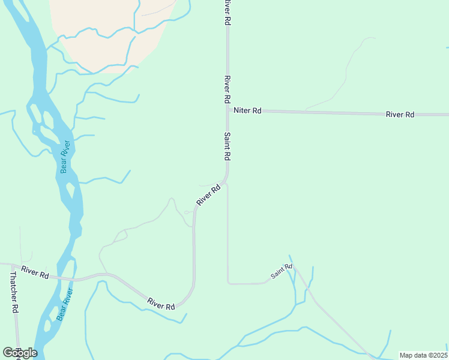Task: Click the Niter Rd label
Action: pyautogui.click(x=248, y=110)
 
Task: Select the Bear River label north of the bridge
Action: pyautogui.click(x=65, y=157)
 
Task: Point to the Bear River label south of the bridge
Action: pyautogui.click(x=64, y=304)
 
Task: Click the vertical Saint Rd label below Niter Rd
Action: pyautogui.click(x=228, y=146)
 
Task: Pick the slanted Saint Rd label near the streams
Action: pyautogui.click(x=281, y=271)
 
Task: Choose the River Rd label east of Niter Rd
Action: pyautogui.click(x=400, y=114)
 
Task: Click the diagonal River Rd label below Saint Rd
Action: pyautogui.click(x=208, y=196)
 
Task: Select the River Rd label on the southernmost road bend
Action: pyautogui.click(x=161, y=304)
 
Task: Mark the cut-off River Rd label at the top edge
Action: pyautogui.click(x=228, y=11)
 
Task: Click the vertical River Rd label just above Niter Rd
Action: pyautogui.click(x=228, y=89)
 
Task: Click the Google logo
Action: pyautogui.click(x=20, y=353)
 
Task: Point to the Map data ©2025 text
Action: pyautogui.click(x=423, y=355)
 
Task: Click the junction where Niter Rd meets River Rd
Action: pyautogui.click(x=228, y=110)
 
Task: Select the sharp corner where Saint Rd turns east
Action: pyautogui.click(x=228, y=282)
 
